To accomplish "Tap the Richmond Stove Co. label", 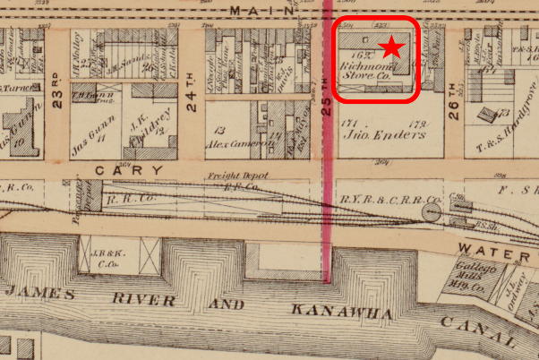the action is pos(367,71).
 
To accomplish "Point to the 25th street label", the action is pos(327,107).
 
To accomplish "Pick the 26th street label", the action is pos(453,108).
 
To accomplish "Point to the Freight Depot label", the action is pos(233,177).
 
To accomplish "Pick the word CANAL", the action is pos(478,330).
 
